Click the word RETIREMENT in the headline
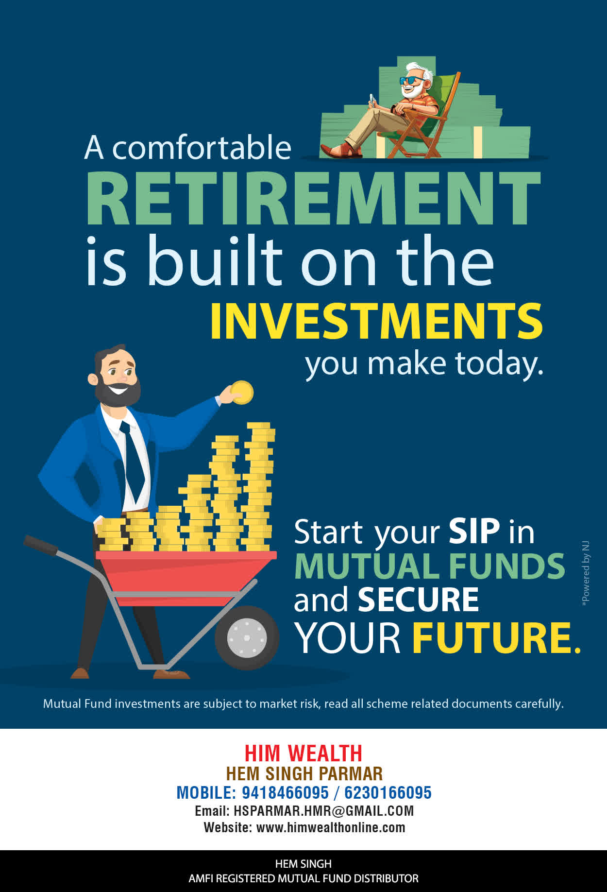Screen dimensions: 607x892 coord(313,198)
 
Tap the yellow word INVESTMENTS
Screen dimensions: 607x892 coord(376,321)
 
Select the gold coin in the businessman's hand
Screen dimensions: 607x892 coord(242,392)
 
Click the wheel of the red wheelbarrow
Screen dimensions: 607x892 coord(247,637)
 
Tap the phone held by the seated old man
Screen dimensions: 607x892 coord(372,99)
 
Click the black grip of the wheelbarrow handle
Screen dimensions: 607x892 coord(40,545)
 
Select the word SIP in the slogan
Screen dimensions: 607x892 coord(474,531)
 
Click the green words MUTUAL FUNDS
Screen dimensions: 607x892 coord(430,566)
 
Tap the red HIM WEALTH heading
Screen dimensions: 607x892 coord(303,754)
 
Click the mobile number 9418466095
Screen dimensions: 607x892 coord(285,793)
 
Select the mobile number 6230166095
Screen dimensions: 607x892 coord(388,793)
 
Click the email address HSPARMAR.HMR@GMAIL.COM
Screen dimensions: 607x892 coord(323,811)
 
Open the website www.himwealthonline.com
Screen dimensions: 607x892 coord(331,827)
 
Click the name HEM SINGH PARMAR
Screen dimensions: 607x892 coord(304,773)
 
